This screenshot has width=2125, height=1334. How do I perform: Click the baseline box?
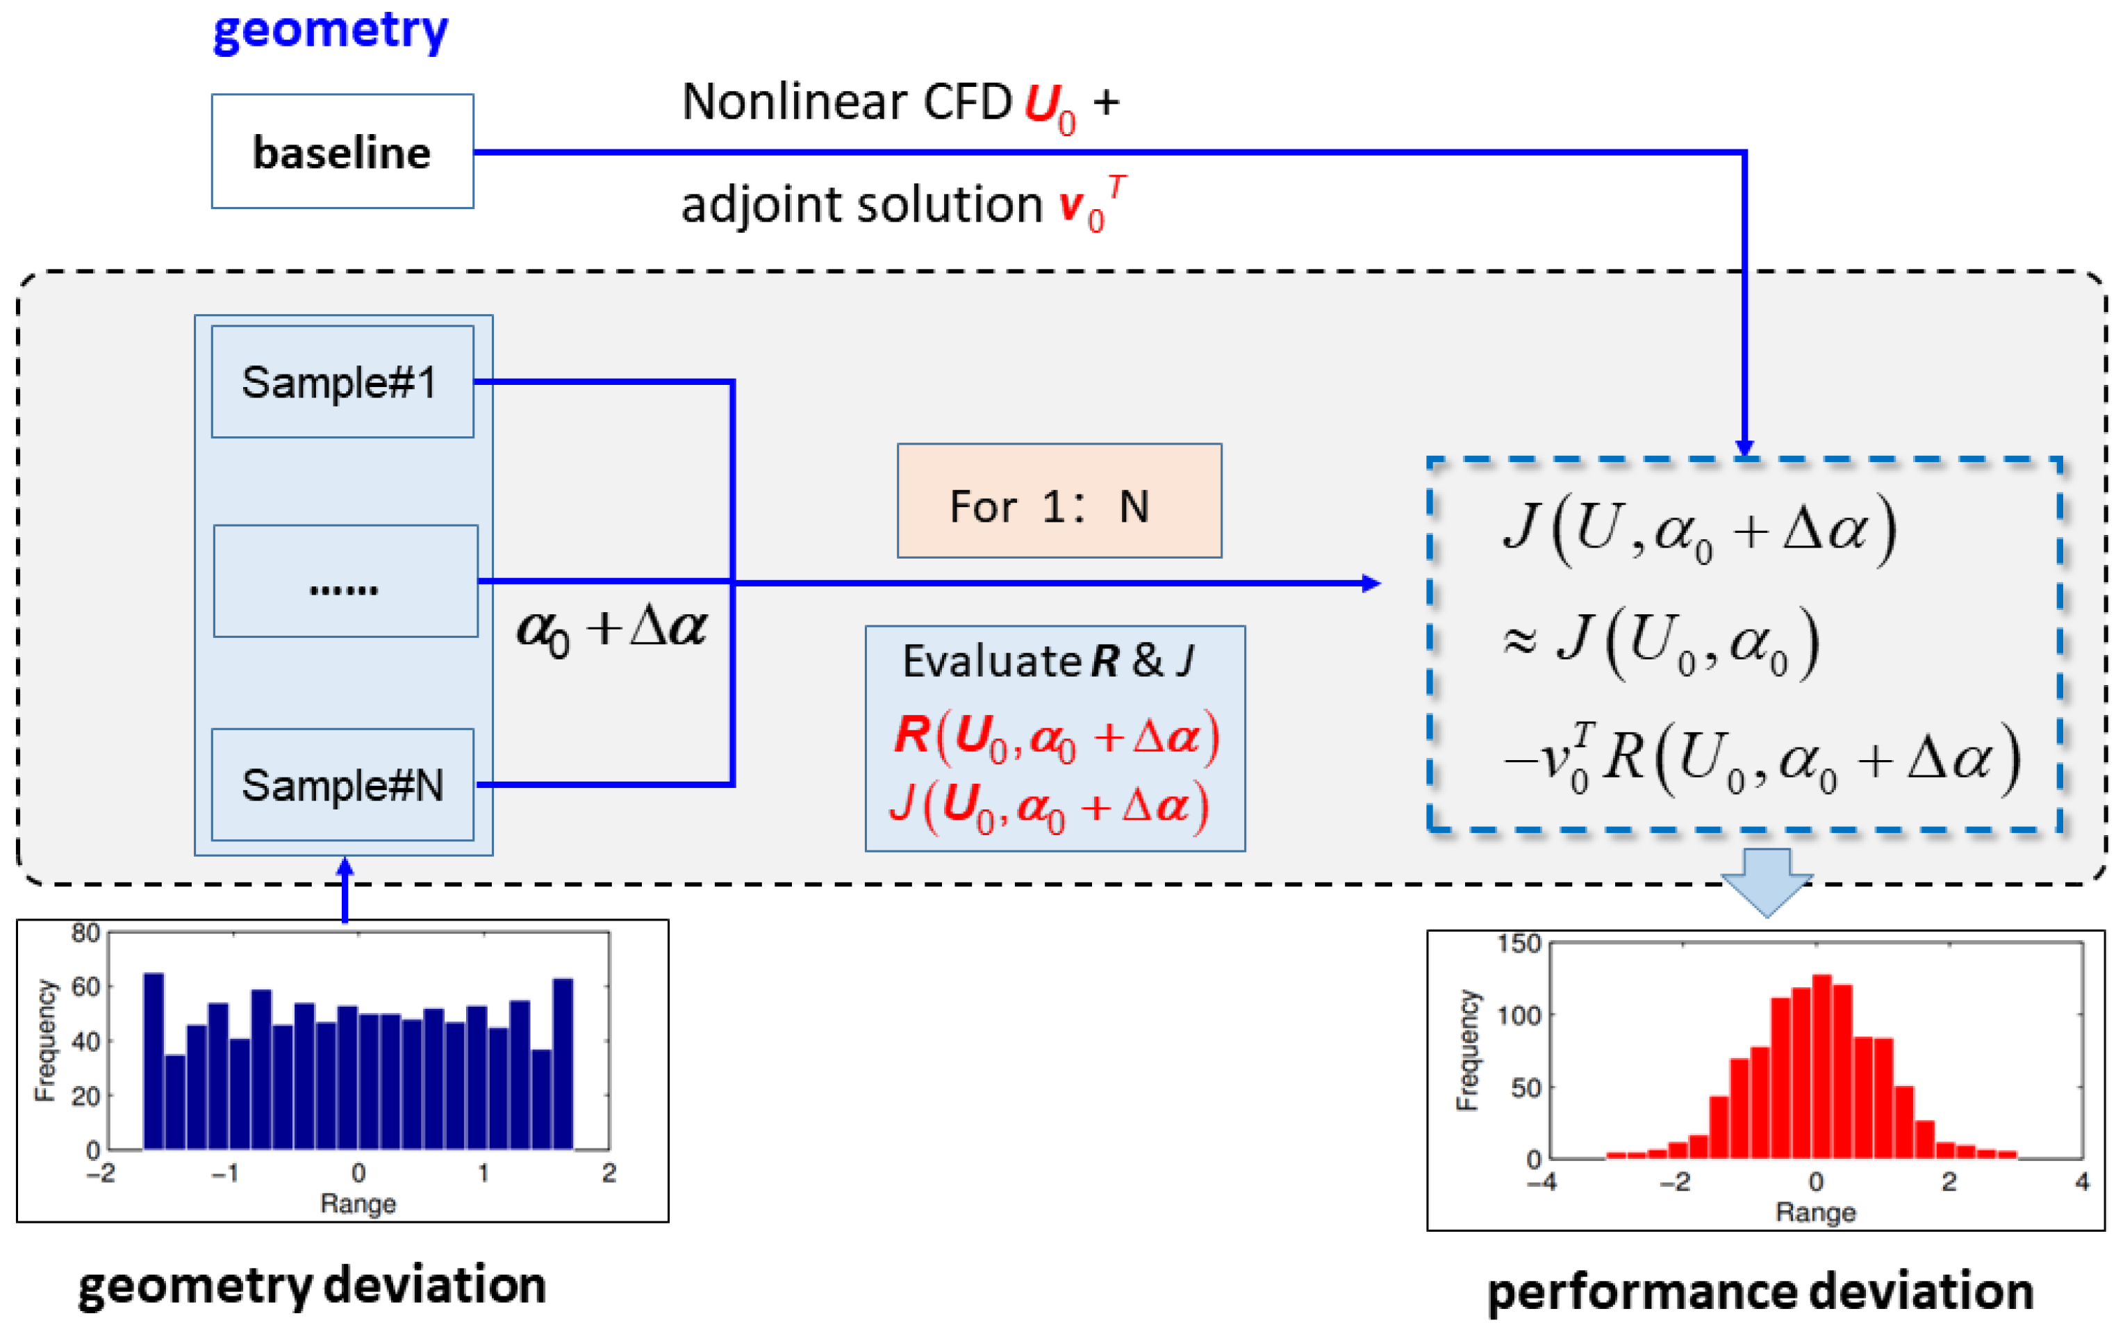pos(342,151)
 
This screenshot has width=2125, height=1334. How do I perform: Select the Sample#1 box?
pos(342,382)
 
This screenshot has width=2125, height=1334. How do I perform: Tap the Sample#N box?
pos(342,784)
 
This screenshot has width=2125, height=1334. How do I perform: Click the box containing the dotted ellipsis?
pos(345,582)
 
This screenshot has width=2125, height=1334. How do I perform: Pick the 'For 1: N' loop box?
pos(1059,501)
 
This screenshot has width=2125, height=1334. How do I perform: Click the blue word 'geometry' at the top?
pos(331,32)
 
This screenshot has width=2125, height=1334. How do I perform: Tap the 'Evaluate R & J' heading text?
pos(1048,661)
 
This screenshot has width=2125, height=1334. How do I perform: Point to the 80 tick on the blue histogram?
pos(85,933)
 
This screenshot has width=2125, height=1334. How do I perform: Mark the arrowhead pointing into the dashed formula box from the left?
pos(1371,583)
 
